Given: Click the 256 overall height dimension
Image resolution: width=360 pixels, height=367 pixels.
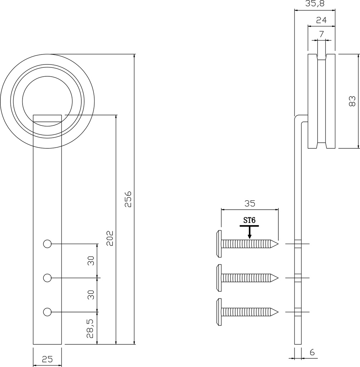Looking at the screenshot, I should [128, 199].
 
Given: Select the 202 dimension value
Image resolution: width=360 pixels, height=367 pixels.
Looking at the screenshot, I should [110, 238].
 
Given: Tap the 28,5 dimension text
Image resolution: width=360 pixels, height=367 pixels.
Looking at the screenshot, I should [91, 329].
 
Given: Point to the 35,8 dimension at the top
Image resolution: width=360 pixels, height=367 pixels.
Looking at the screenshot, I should [315, 4].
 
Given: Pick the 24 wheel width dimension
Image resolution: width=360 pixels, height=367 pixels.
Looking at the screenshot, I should [321, 20].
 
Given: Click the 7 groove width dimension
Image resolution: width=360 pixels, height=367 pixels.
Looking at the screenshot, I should [321, 35].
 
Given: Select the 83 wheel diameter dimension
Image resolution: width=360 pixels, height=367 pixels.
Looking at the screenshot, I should [352, 101].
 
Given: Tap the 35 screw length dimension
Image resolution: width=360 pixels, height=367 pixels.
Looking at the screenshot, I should [250, 204].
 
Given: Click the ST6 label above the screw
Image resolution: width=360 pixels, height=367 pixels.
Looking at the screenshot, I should [249, 220].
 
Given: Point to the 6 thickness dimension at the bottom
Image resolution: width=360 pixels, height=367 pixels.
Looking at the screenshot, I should [312, 352].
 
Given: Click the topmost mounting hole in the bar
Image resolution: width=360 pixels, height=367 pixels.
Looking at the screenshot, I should [47, 244].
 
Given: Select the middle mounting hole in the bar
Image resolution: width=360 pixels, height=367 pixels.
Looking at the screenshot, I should [47, 278].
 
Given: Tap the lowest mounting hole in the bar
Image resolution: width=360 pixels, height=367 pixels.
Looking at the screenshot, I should [47, 312].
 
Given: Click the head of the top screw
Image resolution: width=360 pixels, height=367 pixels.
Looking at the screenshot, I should [219, 244].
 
